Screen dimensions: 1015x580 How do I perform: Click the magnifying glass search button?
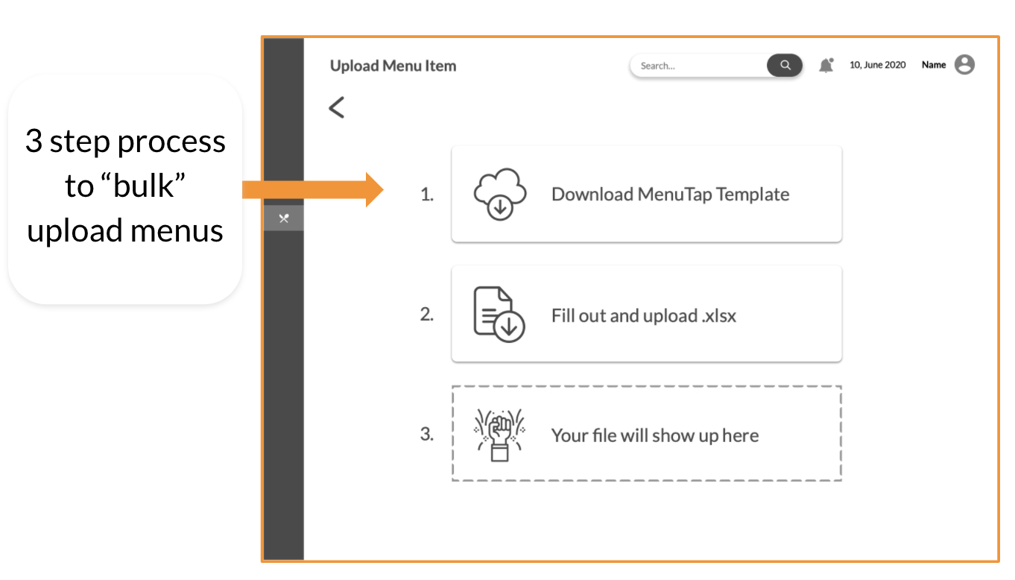tap(785, 66)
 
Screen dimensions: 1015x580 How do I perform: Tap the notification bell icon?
tap(826, 66)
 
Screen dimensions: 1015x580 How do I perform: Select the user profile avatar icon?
tap(964, 64)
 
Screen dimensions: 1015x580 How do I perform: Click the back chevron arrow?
tap(336, 107)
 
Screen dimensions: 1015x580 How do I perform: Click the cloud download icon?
tap(500, 194)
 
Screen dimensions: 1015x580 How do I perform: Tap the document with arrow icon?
tap(499, 314)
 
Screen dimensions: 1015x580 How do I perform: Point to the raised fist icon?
tap(499, 435)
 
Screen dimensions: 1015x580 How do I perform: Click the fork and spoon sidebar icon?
tap(284, 218)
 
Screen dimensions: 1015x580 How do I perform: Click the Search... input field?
tap(698, 66)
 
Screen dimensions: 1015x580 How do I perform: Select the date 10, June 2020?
tap(877, 65)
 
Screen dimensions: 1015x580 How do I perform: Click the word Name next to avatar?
tap(934, 65)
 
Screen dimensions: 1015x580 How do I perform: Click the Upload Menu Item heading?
tap(393, 66)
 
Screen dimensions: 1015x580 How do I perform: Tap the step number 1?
tap(427, 195)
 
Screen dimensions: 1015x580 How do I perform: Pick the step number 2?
tap(427, 314)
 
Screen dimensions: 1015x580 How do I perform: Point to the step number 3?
tap(427, 434)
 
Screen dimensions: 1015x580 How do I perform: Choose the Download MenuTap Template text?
tap(670, 195)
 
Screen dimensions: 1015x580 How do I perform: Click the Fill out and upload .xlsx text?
tap(643, 316)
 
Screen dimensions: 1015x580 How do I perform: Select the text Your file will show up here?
tap(655, 435)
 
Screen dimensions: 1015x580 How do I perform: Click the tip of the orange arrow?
tap(383, 189)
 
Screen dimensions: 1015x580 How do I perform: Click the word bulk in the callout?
tap(143, 186)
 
